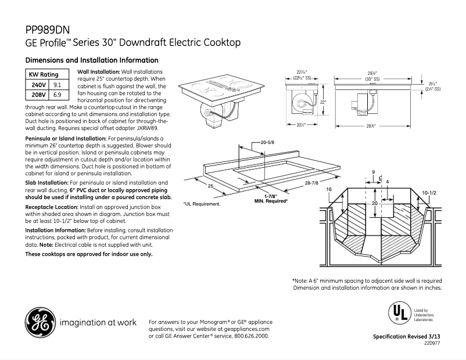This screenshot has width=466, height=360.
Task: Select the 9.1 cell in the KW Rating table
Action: coord(58,85)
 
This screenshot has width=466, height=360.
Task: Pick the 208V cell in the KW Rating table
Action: coord(37,95)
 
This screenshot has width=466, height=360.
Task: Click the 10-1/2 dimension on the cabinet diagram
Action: coord(429,192)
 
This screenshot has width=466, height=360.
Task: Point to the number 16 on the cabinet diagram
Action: coord(329,190)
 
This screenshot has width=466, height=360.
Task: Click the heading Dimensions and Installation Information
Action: coord(92,60)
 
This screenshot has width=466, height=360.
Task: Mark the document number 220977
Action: coord(432,344)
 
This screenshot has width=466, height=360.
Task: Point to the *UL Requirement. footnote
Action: coord(202,204)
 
